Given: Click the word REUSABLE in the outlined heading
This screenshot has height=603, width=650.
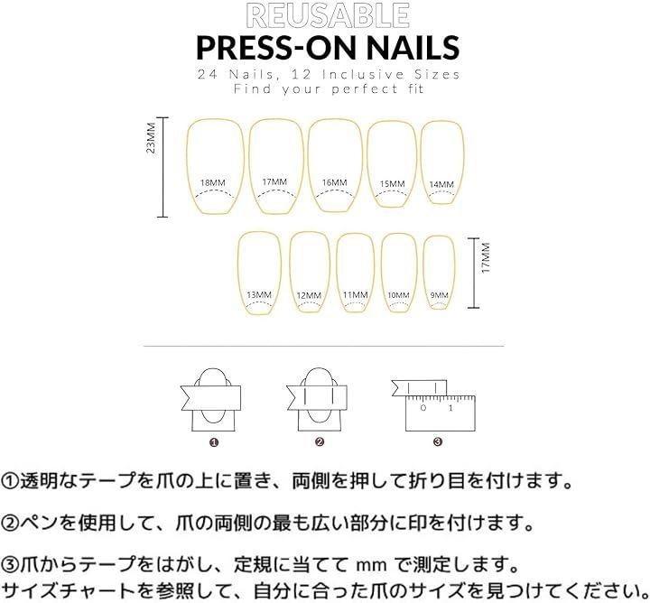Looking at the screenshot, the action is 328,15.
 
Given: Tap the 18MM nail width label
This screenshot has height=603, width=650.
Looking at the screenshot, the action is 213,182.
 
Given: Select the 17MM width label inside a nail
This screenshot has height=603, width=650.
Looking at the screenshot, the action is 274,182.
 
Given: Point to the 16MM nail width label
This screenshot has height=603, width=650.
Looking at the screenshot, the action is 335,182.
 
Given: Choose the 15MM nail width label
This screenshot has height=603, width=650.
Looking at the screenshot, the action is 392,183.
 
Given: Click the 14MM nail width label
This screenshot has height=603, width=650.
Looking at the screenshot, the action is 441,184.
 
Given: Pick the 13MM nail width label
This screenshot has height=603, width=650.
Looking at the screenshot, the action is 259,295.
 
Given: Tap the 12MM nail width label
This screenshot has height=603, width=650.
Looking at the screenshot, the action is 309,295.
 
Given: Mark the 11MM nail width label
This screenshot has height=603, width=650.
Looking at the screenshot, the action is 356,295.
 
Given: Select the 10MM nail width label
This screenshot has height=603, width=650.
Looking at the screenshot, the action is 398,295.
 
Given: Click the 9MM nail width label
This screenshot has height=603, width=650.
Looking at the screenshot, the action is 439,295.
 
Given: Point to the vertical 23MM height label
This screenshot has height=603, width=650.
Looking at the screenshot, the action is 151,138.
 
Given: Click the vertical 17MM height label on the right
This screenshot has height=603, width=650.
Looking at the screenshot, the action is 486,258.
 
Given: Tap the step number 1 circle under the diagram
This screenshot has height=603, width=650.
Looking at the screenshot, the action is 214,442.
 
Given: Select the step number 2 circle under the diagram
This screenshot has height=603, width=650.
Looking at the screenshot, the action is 320,442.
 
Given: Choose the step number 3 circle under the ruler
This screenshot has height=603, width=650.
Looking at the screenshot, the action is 438,442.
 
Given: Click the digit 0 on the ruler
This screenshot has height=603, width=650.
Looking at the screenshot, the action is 422,408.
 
